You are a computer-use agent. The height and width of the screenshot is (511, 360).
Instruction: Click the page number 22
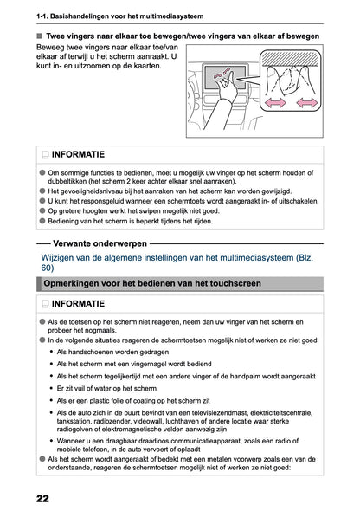42,500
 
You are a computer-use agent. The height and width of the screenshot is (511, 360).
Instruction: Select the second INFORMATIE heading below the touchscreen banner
80,305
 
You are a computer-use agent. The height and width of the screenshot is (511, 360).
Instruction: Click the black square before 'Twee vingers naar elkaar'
40,36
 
